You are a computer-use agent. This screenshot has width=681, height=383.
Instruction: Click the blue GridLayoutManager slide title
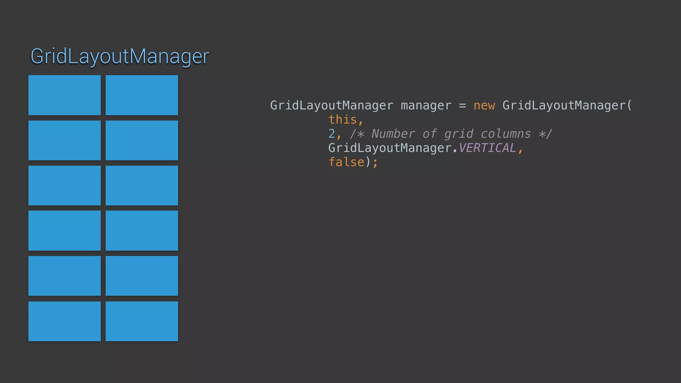[120, 56]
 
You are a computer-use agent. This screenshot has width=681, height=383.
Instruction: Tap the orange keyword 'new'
[484, 105]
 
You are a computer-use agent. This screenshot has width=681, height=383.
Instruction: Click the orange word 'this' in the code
[342, 120]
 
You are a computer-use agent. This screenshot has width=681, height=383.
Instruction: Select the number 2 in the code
[332, 134]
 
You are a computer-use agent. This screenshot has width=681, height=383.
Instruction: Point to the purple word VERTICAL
[487, 148]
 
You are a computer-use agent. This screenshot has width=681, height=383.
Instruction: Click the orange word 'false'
[346, 162]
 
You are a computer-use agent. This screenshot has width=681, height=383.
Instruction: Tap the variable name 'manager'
[426, 105]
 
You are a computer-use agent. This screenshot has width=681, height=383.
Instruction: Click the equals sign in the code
[462, 106]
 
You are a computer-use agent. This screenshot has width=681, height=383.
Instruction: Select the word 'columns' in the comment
[506, 134]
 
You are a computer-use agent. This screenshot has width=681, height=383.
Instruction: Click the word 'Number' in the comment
[393, 134]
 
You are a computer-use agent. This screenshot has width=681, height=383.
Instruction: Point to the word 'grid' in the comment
[459, 134]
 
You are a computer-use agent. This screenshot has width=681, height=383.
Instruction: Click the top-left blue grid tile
[65, 95]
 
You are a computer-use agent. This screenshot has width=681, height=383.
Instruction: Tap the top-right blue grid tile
[142, 95]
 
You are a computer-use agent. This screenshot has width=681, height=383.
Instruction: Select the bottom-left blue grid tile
[65, 321]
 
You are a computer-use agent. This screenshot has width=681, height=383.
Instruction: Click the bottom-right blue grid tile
[142, 321]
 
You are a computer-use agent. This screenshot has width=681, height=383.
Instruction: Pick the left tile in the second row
[65, 140]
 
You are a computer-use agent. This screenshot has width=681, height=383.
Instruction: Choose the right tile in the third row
[142, 186]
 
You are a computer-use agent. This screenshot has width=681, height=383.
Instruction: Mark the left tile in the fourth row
[65, 230]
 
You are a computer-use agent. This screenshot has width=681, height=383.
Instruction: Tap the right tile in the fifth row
[142, 276]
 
